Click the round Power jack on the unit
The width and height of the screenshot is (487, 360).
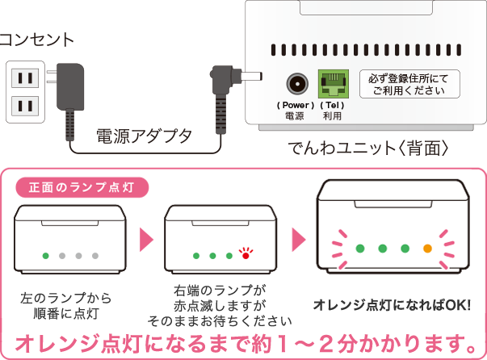pos(296,84)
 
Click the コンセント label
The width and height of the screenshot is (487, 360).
pos(36,39)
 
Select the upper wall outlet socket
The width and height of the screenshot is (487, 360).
pos(24,78)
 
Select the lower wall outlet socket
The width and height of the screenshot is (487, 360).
pos(24,105)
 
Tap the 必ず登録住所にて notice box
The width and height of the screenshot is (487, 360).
pos(409,84)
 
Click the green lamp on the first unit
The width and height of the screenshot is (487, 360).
pos(46,256)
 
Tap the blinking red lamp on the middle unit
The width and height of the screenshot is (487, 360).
pos(245,257)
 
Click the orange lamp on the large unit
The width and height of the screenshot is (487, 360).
pos(427,249)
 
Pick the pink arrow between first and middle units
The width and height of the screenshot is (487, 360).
pos(147,239)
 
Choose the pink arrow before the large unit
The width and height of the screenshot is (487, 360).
pos(297,239)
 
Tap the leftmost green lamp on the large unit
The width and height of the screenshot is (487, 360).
pos(360,249)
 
